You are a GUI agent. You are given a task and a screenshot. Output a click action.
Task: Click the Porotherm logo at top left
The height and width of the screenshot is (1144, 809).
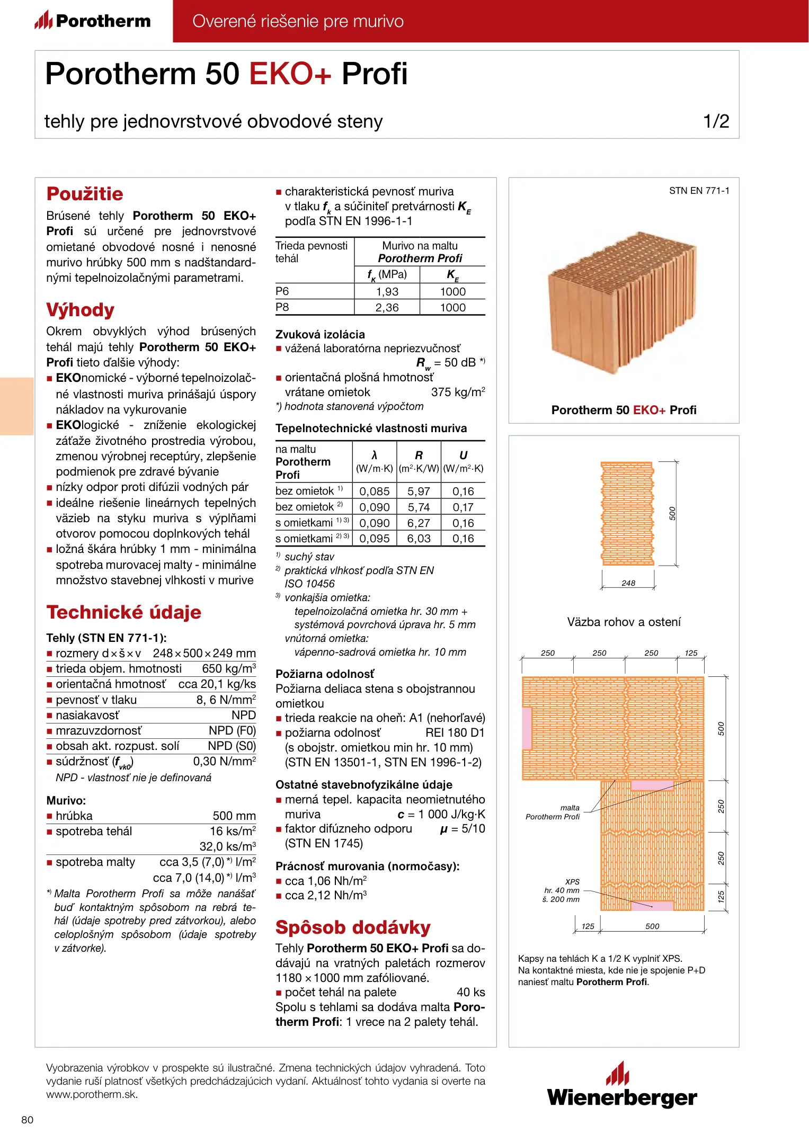point(93,21)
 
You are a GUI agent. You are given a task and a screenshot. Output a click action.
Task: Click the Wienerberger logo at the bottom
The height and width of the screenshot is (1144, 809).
point(622,1086)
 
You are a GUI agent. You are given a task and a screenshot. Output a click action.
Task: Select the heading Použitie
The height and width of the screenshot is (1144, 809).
point(85,194)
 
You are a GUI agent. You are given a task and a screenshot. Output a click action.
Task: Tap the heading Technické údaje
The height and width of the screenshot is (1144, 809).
point(124,612)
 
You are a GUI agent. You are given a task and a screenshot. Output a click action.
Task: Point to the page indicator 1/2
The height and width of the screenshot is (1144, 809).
point(716,121)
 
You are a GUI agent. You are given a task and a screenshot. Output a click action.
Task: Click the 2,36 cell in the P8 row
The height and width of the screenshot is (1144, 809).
point(387,308)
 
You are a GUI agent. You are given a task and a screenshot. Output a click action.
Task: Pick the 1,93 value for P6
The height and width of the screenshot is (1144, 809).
point(387,292)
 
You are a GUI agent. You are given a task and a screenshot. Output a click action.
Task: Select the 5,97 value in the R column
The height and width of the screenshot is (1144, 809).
point(419,491)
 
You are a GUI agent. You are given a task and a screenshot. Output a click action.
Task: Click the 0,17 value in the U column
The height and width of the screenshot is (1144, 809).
point(463,507)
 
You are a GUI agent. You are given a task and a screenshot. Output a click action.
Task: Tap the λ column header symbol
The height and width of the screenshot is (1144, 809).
point(374,455)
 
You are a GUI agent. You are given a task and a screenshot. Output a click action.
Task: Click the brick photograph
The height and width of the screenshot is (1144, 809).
point(623,302)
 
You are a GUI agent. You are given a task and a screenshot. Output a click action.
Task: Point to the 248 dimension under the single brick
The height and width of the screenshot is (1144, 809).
point(628,583)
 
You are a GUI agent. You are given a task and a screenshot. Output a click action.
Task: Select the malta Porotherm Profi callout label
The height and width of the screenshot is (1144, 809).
point(553,812)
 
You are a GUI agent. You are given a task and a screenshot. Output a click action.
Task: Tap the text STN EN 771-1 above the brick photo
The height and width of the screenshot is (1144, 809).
point(699,191)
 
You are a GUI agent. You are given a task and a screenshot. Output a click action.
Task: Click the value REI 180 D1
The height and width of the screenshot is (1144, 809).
point(456,733)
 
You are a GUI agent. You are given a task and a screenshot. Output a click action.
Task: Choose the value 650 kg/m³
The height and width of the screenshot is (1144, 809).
point(229,669)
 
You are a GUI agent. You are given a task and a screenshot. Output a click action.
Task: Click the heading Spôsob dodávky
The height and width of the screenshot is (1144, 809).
point(353,927)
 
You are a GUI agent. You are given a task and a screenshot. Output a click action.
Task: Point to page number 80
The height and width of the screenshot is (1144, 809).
point(27,1120)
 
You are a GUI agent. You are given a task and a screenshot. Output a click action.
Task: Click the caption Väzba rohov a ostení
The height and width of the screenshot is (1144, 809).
point(624,622)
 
